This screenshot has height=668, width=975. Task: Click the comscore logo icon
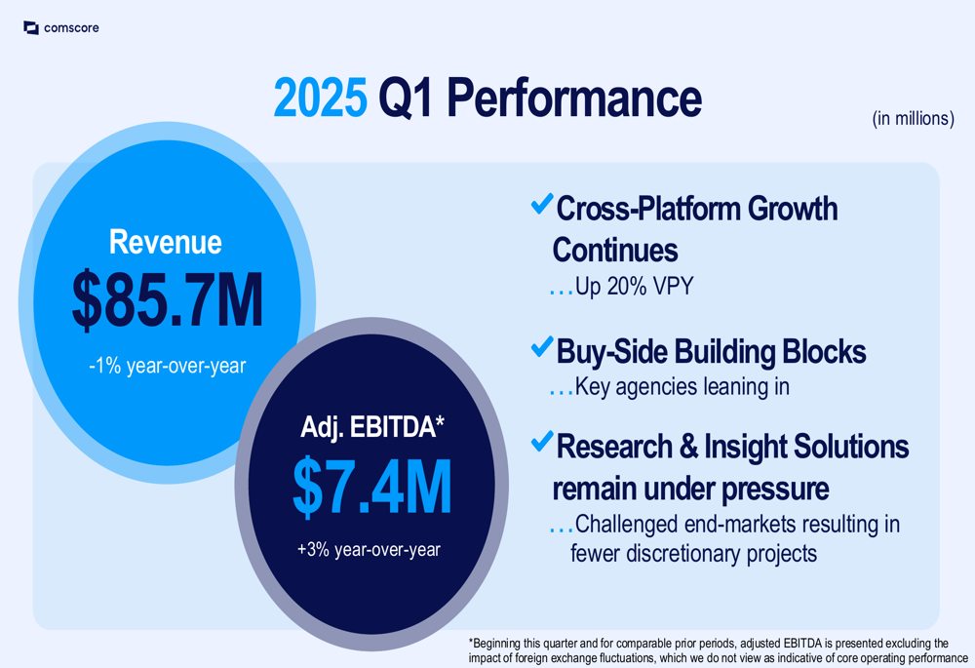point(31,28)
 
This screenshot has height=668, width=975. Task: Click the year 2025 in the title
point(320,98)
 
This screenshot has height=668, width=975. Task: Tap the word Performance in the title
point(574,98)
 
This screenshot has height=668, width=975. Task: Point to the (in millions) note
point(913,118)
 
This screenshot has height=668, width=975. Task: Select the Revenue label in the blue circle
point(166,242)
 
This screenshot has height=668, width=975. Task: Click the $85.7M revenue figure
point(168,300)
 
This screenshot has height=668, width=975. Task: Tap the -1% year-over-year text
point(168,366)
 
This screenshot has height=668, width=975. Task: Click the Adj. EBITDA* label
point(372,428)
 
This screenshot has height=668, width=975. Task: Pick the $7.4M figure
point(371,487)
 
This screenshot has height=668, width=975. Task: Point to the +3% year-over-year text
point(369,550)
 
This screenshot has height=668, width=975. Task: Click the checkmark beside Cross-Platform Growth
point(542,204)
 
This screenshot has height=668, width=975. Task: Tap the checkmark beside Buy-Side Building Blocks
point(542,346)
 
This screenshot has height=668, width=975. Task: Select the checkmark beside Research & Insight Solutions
point(542,441)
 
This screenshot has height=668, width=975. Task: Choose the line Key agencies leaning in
point(682,387)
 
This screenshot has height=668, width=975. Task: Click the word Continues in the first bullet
point(615,250)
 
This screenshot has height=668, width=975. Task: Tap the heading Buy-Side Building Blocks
point(711,351)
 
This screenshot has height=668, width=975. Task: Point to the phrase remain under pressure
point(690,489)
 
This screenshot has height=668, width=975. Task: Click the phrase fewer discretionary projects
point(693,554)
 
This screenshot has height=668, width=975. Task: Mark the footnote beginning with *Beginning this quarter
point(719,650)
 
